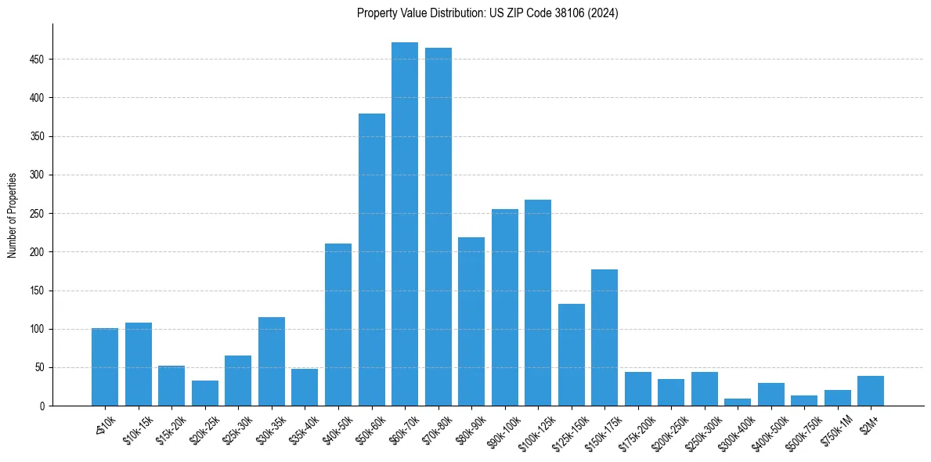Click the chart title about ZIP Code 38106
coord(487,13)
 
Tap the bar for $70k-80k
coord(438,227)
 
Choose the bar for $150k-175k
coord(604,337)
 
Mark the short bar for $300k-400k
coord(738,402)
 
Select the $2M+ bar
coord(871,391)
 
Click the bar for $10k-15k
coord(139,364)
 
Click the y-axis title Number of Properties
coord(13,215)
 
